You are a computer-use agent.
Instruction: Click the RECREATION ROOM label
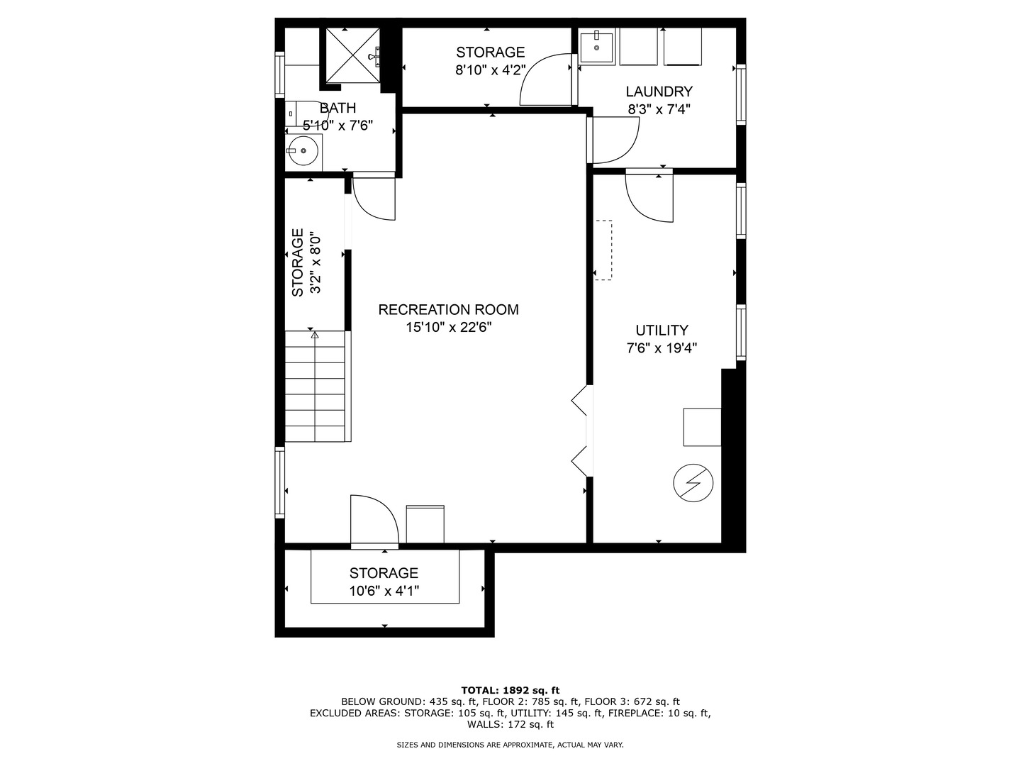[x=448, y=310]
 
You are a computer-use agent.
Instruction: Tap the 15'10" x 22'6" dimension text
[x=448, y=328]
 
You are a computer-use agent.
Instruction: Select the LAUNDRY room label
[x=659, y=91]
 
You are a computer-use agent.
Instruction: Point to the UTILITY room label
[x=662, y=331]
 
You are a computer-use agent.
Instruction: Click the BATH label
[x=337, y=108]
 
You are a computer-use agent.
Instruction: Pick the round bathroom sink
[x=303, y=150]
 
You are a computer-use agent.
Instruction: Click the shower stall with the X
[x=352, y=56]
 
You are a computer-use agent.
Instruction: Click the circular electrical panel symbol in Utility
[x=693, y=483]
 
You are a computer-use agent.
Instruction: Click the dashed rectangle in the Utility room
[x=604, y=250]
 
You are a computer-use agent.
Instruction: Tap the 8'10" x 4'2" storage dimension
[x=490, y=70]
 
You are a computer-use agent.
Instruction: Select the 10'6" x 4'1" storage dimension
[x=384, y=591]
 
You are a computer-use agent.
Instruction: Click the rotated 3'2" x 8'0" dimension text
[x=316, y=262]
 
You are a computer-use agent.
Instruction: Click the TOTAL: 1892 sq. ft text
[x=510, y=690]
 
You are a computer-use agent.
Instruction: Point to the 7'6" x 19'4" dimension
[x=662, y=348]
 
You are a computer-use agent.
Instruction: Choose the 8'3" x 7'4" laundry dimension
[x=659, y=110]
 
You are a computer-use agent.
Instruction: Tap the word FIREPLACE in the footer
[x=636, y=713]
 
